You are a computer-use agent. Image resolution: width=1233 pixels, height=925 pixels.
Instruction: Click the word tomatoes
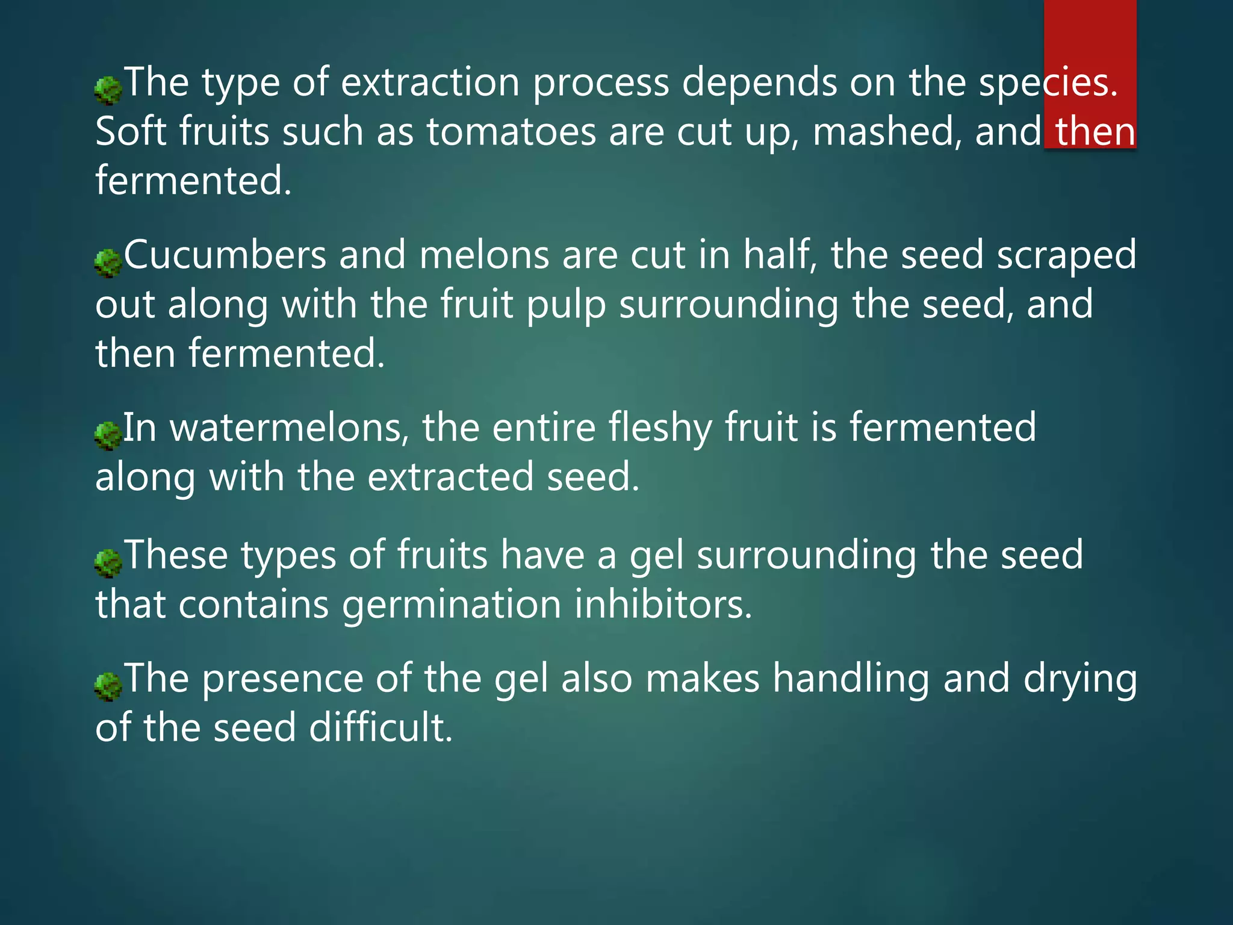511,132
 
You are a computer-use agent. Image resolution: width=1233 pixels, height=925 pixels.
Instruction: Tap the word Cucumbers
225,255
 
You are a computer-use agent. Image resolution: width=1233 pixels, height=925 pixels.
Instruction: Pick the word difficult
380,727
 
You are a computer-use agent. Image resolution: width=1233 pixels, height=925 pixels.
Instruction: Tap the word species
1048,83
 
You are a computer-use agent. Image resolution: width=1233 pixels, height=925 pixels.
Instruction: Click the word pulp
566,305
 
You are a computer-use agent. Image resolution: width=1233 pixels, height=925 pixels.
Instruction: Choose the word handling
851,679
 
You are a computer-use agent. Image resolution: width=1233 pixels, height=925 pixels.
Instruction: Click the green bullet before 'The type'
108,90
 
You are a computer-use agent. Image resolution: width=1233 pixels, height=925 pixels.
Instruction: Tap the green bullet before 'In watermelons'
108,435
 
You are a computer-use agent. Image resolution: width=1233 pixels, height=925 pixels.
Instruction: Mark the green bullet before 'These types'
108,563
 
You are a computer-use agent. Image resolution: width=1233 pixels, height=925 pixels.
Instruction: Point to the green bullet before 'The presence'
108,687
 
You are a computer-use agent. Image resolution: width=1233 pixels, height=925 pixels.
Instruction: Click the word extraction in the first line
430,83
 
